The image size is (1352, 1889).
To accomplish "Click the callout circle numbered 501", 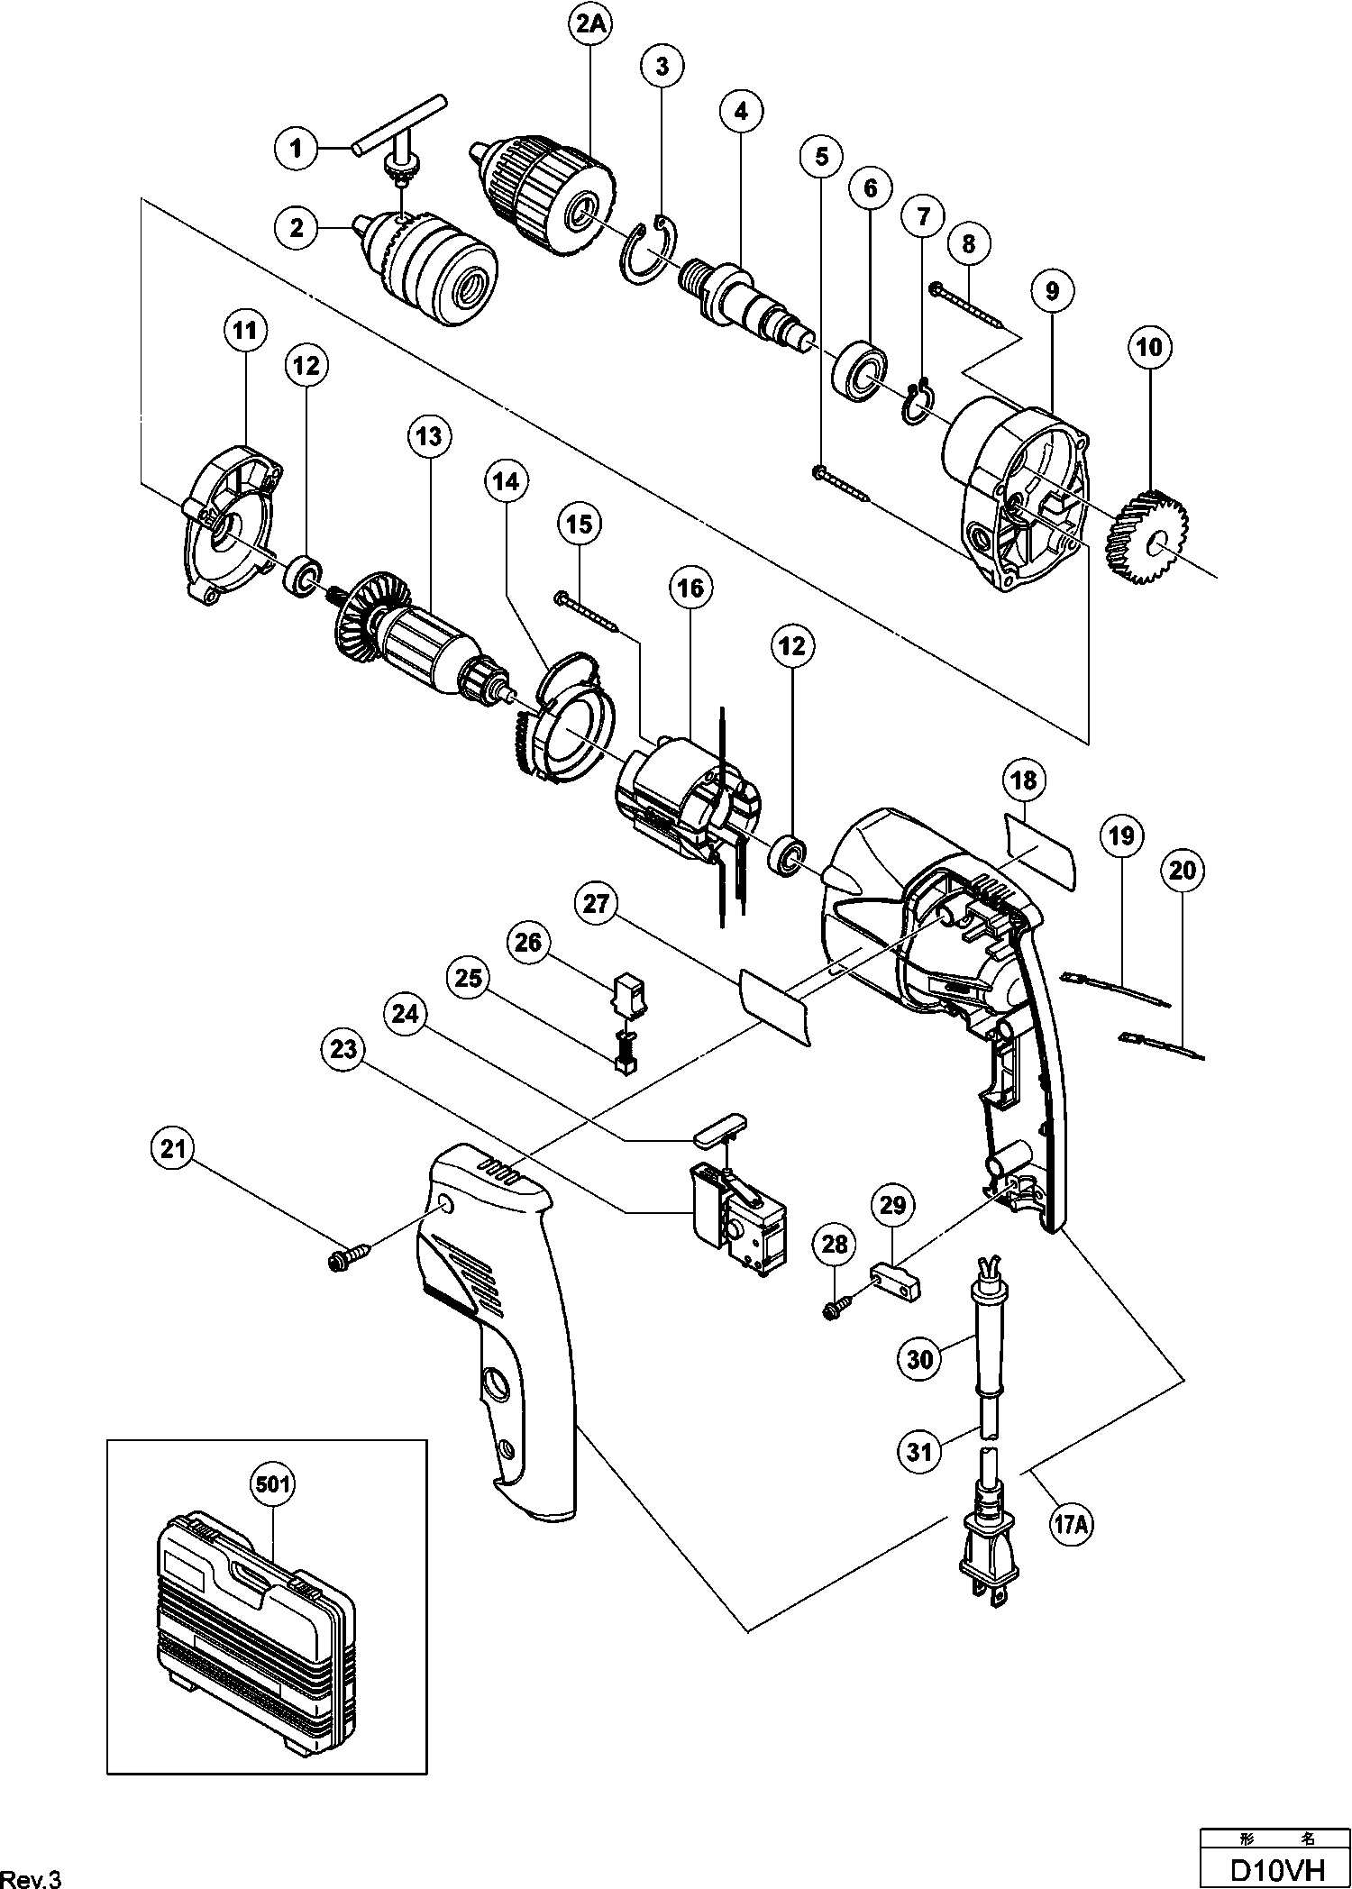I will point(272,1484).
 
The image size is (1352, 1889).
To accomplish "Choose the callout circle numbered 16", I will point(690,589).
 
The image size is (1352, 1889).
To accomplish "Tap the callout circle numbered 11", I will point(244,331).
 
